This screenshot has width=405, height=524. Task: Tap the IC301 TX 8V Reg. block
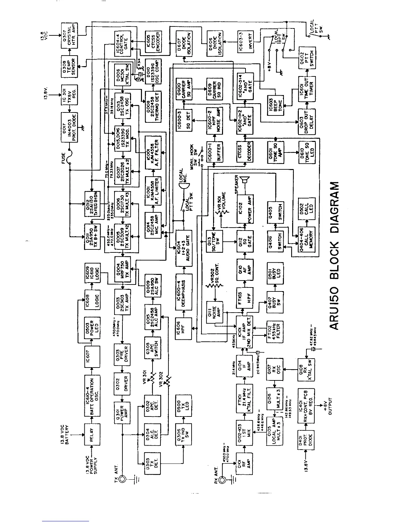coord(68,95)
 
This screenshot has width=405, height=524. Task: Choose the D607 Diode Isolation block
coord(184,40)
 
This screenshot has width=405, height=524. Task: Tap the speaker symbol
coord(245,181)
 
